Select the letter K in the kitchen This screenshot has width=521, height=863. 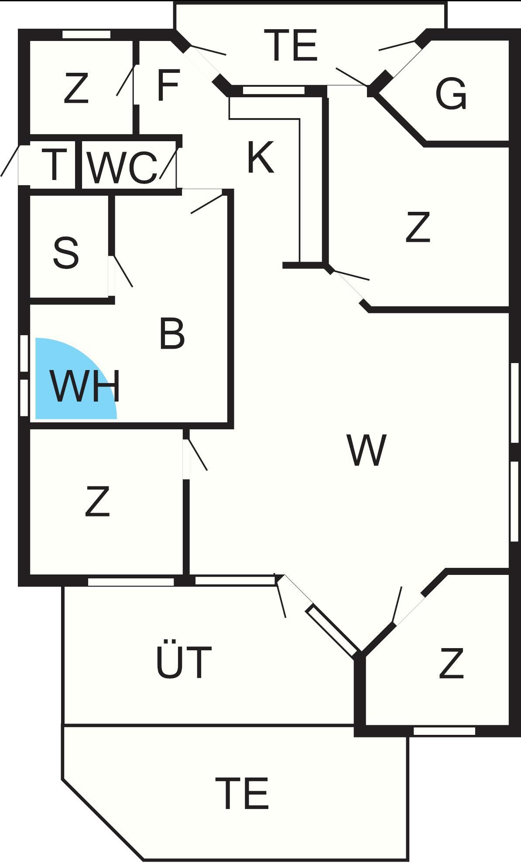coord(260,157)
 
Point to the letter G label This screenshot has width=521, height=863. coord(451,94)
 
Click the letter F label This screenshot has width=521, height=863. coord(168,85)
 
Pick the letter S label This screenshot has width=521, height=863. coord(66,253)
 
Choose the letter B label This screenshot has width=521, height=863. coord(172,334)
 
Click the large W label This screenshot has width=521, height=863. coord(367,450)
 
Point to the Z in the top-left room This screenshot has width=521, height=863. coord(76,88)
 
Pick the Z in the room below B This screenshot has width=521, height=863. coord(97,502)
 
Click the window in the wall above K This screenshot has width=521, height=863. coord(273,91)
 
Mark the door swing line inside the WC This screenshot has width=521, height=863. coord(168,163)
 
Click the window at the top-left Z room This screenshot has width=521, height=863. coord(86,34)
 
